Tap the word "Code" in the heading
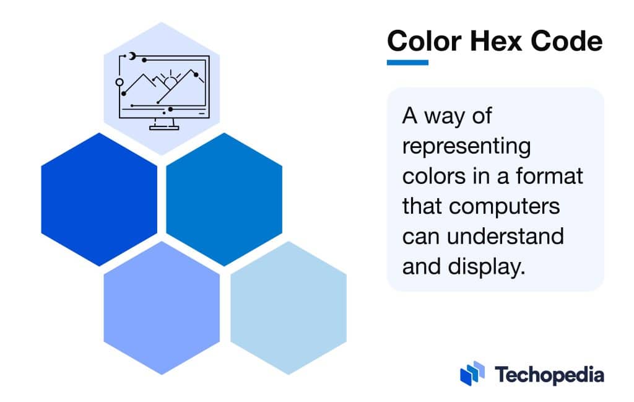click(x=568, y=42)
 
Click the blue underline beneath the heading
click(x=407, y=62)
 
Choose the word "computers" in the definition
click(x=505, y=206)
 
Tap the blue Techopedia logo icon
click(x=472, y=374)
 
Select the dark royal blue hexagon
click(x=99, y=199)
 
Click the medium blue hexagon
click(x=224, y=199)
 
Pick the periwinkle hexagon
click(x=162, y=307)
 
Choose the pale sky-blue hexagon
click(x=289, y=307)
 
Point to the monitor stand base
click(x=163, y=128)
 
